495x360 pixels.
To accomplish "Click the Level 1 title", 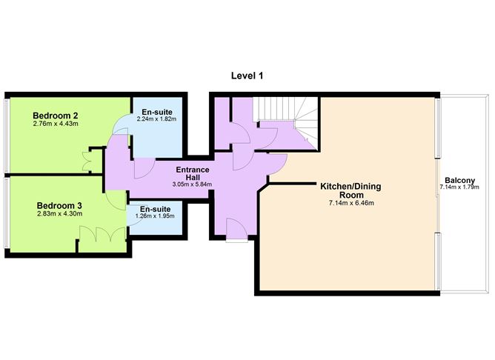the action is point(247,76).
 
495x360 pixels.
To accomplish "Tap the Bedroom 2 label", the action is point(56,116).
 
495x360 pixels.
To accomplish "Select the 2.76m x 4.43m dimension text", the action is point(56,124).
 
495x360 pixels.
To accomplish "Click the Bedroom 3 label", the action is point(59,206).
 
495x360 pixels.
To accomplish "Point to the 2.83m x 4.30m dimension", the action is point(60,214).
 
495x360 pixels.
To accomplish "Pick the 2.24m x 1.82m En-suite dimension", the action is point(156,119).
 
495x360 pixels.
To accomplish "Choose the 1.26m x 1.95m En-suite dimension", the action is point(155,216).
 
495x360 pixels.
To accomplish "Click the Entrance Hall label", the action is point(193,173).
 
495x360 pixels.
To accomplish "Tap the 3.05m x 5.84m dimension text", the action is point(192,184).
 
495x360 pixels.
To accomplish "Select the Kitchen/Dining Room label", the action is point(351,190).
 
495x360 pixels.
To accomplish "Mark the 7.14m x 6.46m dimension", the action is point(351,203).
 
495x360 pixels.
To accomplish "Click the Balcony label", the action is point(459,181).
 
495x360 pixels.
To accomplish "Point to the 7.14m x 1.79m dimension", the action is point(459,187).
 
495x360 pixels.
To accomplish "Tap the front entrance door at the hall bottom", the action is point(237,230).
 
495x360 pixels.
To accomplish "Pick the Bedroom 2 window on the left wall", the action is point(7,136).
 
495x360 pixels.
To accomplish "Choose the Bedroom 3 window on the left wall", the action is point(7,213).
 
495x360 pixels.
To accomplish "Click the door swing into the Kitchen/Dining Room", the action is point(279,164).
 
